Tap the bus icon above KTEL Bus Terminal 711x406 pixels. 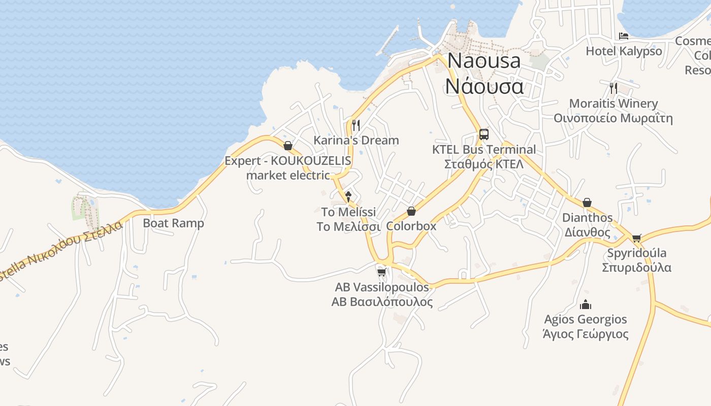[x=483, y=134]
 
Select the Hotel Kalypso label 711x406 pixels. [x=624, y=51]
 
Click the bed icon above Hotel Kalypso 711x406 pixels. [x=624, y=36]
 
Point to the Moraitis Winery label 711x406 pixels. [x=613, y=104]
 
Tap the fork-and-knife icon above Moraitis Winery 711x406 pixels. [x=613, y=88]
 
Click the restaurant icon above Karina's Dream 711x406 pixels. [x=356, y=125]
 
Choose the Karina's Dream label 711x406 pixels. [x=356, y=140]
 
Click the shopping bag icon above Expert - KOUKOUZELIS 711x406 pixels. [x=288, y=146]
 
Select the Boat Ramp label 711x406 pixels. [x=173, y=223]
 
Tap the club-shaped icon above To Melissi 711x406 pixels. [x=348, y=196]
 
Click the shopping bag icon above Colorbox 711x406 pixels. [x=411, y=211]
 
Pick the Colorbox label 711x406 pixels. [x=411, y=226]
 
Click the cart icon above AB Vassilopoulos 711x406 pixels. [x=382, y=272]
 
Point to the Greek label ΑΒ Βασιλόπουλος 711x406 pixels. [x=382, y=302]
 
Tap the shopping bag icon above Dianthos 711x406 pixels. [x=587, y=202]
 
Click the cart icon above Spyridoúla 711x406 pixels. [x=637, y=238]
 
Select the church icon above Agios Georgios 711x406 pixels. [x=586, y=304]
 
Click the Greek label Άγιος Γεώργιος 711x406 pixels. [x=586, y=334]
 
